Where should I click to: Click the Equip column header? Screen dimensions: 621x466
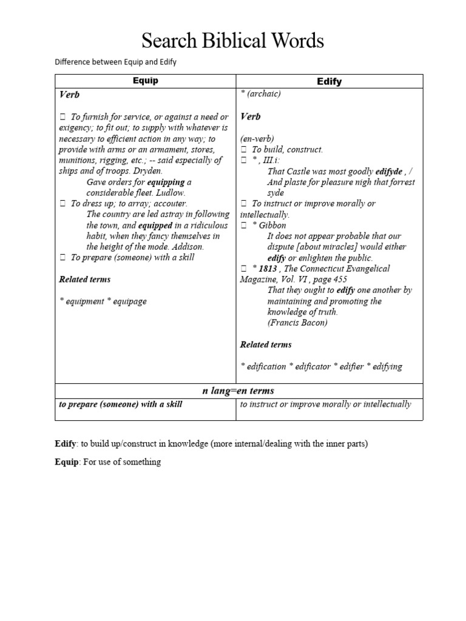tap(146, 81)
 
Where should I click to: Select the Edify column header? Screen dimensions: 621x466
tap(329, 81)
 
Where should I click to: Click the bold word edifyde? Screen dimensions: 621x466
tap(388, 171)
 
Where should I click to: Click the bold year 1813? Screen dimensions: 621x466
tap(269, 268)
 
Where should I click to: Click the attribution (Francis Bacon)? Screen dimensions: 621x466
tap(297, 323)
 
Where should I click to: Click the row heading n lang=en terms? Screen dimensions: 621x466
tap(238, 391)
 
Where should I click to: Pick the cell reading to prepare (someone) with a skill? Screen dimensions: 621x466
tap(120, 404)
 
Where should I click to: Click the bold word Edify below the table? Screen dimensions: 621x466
tap(67, 444)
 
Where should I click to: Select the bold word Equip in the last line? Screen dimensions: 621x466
tap(67, 462)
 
